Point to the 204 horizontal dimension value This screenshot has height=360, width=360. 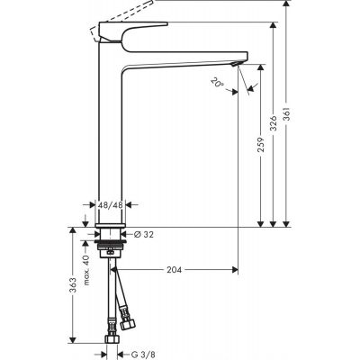tap(175, 269)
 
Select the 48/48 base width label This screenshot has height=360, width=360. tap(111, 204)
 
